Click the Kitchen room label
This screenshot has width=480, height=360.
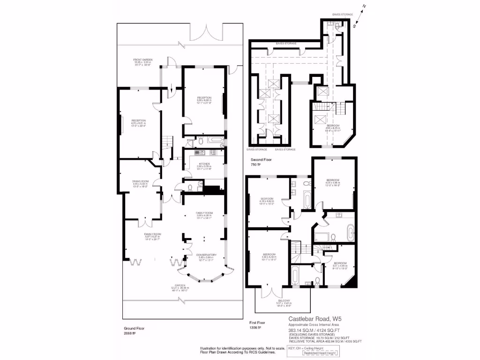203,163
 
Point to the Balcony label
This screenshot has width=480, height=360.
284,300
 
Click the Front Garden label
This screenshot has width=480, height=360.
143,60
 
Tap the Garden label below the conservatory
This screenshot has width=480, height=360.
180,285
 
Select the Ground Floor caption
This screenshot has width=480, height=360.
133,328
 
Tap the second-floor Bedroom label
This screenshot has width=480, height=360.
333,126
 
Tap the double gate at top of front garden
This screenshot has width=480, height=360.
204,34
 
